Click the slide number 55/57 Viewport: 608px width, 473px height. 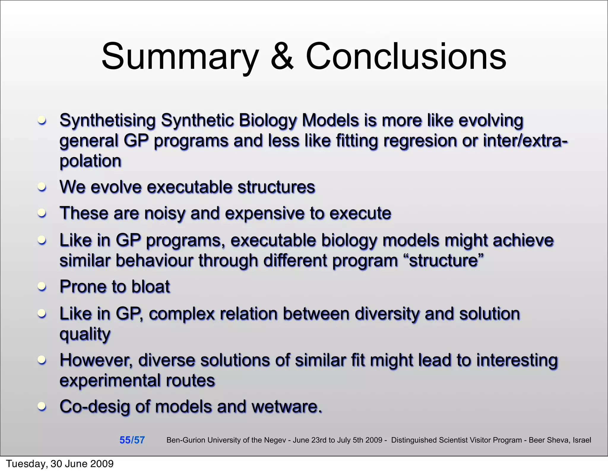[x=132, y=440]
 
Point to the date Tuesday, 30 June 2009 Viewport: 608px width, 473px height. [x=60, y=464]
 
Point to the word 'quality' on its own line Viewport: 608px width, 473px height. [x=85, y=334]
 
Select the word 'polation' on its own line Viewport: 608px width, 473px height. [x=91, y=161]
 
